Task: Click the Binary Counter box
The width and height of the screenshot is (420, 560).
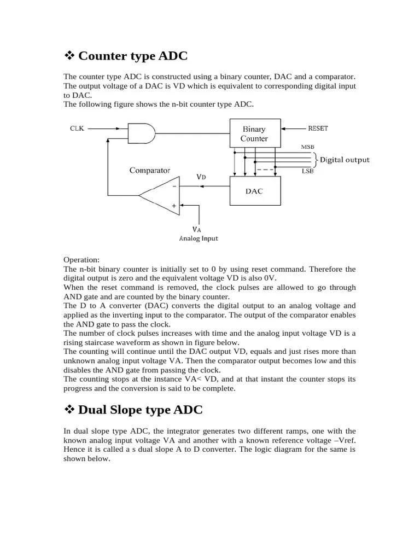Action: (x=255, y=133)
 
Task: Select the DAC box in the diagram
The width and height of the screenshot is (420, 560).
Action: (x=255, y=191)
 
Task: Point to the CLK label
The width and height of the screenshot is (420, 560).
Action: (x=77, y=129)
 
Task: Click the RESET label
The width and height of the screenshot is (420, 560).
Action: (x=318, y=129)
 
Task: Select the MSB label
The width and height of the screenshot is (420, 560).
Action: (x=308, y=147)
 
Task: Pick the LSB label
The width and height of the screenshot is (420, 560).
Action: (x=308, y=171)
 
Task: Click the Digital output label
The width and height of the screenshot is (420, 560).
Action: (x=345, y=160)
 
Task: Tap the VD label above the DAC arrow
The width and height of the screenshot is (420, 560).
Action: (x=201, y=177)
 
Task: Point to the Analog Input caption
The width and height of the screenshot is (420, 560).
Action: (x=200, y=238)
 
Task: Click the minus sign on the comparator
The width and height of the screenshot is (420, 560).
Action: (x=174, y=186)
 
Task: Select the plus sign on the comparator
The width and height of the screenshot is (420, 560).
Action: (x=174, y=206)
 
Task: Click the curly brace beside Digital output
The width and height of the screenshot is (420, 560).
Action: (x=314, y=160)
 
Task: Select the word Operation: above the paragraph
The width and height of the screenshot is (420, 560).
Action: (x=81, y=260)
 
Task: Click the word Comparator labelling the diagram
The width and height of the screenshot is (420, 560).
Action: (x=149, y=171)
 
